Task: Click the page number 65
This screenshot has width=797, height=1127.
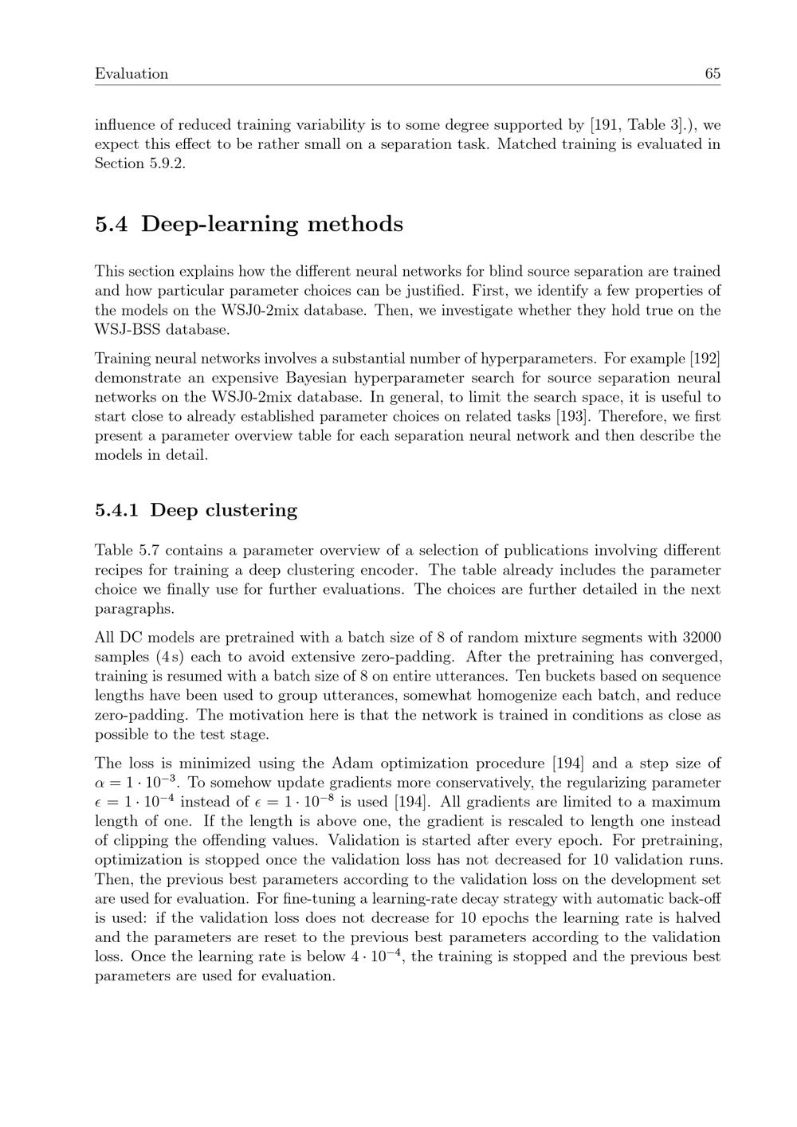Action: (713, 74)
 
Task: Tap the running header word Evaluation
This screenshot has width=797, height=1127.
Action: (132, 74)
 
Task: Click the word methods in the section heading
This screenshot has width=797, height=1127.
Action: (355, 225)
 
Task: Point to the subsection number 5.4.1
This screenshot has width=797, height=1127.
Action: (116, 510)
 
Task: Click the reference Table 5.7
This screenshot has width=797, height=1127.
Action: (126, 551)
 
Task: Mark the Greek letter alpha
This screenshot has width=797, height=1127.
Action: (100, 783)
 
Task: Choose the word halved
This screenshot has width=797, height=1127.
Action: (697, 918)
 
